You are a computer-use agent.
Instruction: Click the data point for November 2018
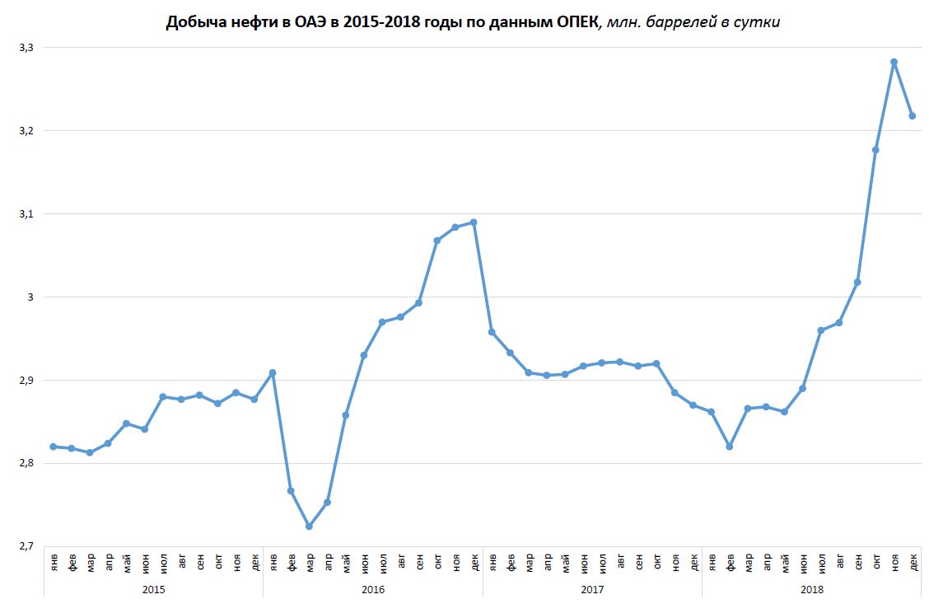pos(894,62)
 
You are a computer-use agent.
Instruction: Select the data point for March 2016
pos(309,526)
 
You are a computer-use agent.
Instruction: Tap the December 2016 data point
pos(474,222)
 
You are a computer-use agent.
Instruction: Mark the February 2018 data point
pos(730,447)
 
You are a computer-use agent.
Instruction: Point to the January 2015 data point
pos(53,447)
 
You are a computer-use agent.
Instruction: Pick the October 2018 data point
pos(875,150)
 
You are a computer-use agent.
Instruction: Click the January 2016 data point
pos(273,372)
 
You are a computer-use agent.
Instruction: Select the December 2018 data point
pos(913,116)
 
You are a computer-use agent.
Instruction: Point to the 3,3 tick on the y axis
pos(26,48)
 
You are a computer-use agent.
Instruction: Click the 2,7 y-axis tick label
pos(26,546)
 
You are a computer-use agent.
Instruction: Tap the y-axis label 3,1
pos(26,214)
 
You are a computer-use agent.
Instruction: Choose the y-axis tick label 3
pos(32,297)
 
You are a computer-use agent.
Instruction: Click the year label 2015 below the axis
pos(153,590)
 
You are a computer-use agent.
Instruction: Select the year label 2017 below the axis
pos(592,590)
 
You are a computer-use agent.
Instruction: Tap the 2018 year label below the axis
pos(811,590)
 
